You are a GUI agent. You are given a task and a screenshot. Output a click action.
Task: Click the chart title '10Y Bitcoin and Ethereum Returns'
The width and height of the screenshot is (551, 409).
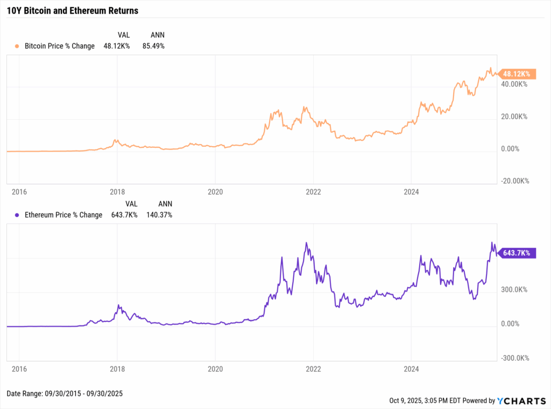click(72, 11)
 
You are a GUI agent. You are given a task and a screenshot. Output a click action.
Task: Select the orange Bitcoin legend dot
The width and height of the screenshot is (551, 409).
click(17, 46)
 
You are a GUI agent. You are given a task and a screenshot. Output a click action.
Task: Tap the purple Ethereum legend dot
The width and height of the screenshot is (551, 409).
click(17, 215)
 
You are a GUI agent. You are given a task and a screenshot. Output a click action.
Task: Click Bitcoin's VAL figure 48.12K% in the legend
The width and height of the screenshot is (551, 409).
click(118, 46)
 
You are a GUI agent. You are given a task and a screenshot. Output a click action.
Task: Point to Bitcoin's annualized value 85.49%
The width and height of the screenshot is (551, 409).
click(153, 46)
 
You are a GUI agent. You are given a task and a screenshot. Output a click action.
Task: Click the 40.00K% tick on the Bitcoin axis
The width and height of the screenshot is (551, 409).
click(515, 84)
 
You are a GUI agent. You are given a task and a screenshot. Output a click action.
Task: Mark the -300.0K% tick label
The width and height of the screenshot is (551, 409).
click(514, 358)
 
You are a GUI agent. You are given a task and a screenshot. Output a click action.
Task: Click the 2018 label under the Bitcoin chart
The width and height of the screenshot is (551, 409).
click(117, 192)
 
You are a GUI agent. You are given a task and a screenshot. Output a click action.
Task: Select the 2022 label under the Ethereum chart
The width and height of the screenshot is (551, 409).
click(313, 370)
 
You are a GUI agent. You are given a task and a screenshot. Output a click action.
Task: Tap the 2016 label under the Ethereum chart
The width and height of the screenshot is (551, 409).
click(19, 370)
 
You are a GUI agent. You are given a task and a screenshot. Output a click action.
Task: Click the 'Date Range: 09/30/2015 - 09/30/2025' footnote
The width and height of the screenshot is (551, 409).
click(65, 394)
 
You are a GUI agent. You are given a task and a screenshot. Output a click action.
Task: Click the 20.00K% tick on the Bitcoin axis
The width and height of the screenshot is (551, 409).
click(515, 117)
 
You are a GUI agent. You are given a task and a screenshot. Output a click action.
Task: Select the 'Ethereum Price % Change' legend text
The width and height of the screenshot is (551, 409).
click(63, 215)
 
